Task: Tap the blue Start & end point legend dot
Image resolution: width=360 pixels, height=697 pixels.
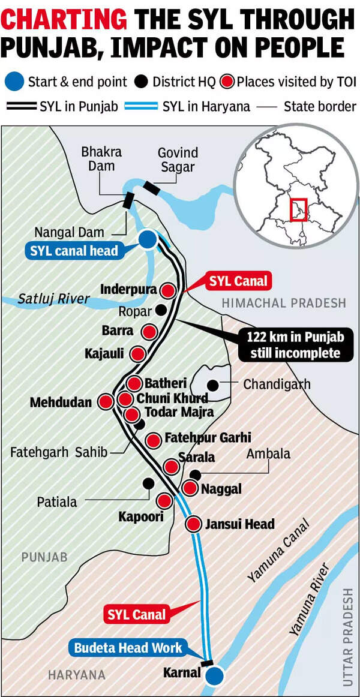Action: [15, 82]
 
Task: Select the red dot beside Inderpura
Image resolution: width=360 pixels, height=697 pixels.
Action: [169, 291]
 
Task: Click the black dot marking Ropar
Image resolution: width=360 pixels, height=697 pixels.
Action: [161, 310]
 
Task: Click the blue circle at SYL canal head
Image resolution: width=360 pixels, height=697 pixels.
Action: [147, 240]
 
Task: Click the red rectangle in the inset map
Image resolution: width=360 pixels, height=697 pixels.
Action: [298, 210]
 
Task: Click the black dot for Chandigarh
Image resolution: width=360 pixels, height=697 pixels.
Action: [212, 384]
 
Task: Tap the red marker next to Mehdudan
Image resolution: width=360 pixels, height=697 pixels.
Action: [106, 401]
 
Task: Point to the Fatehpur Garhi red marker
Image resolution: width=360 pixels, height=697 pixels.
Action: [154, 440]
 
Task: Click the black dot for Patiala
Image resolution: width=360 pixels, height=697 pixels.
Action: [148, 483]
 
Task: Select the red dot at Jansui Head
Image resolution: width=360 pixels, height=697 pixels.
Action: [193, 524]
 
